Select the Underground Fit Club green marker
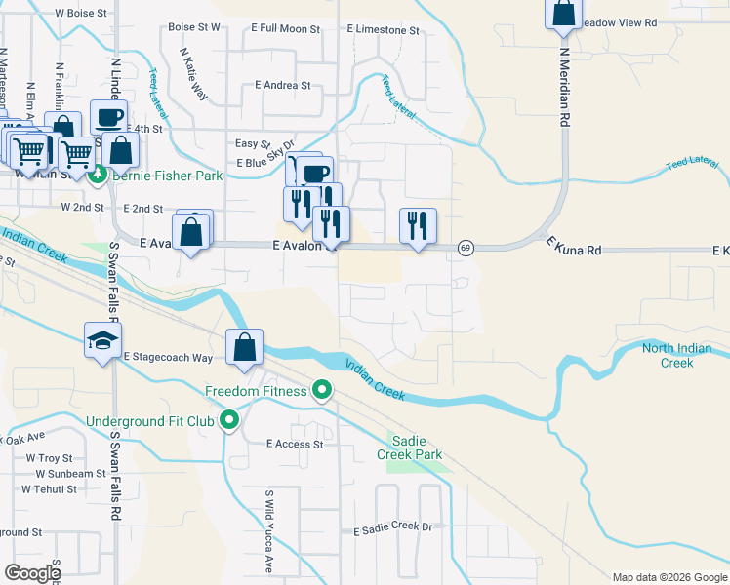[x=230, y=421]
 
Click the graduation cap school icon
[x=102, y=339]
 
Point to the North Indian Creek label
[x=682, y=356]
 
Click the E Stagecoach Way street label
[x=168, y=358]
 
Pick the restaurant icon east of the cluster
[x=418, y=226]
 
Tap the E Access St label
[x=295, y=444]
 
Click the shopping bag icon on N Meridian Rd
[x=563, y=14]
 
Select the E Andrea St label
[x=283, y=85]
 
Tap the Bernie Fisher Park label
[x=168, y=175]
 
